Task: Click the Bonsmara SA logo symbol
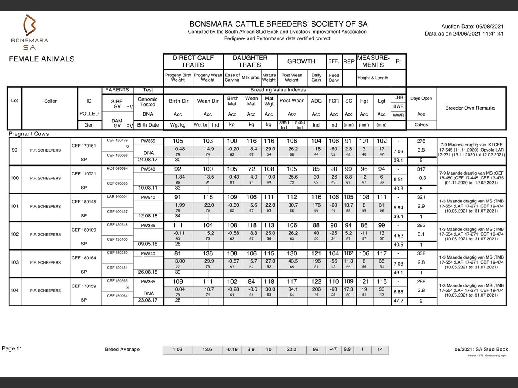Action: click(x=30, y=25)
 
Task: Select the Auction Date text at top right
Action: click(x=472, y=26)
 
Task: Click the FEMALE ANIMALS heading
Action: click(x=42, y=59)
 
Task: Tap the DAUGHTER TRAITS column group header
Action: click(x=250, y=61)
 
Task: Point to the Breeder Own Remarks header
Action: click(x=470, y=108)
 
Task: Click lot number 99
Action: click(x=15, y=150)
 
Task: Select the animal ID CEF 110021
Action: click(x=84, y=174)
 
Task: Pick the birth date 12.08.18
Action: click(x=148, y=216)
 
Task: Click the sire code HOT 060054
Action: click(x=117, y=169)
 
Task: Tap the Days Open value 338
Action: click(x=421, y=253)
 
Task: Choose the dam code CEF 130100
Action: click(x=117, y=240)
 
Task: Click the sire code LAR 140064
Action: click(x=117, y=197)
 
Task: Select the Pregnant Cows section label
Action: click(x=29, y=134)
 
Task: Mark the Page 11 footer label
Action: click(x=12, y=348)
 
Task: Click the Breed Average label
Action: click(x=122, y=350)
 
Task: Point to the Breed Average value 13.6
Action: click(x=207, y=350)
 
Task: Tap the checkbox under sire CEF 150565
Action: click(x=127, y=288)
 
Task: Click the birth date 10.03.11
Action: click(x=148, y=188)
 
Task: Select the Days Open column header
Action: click(x=421, y=98)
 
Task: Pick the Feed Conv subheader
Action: click(x=334, y=78)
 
